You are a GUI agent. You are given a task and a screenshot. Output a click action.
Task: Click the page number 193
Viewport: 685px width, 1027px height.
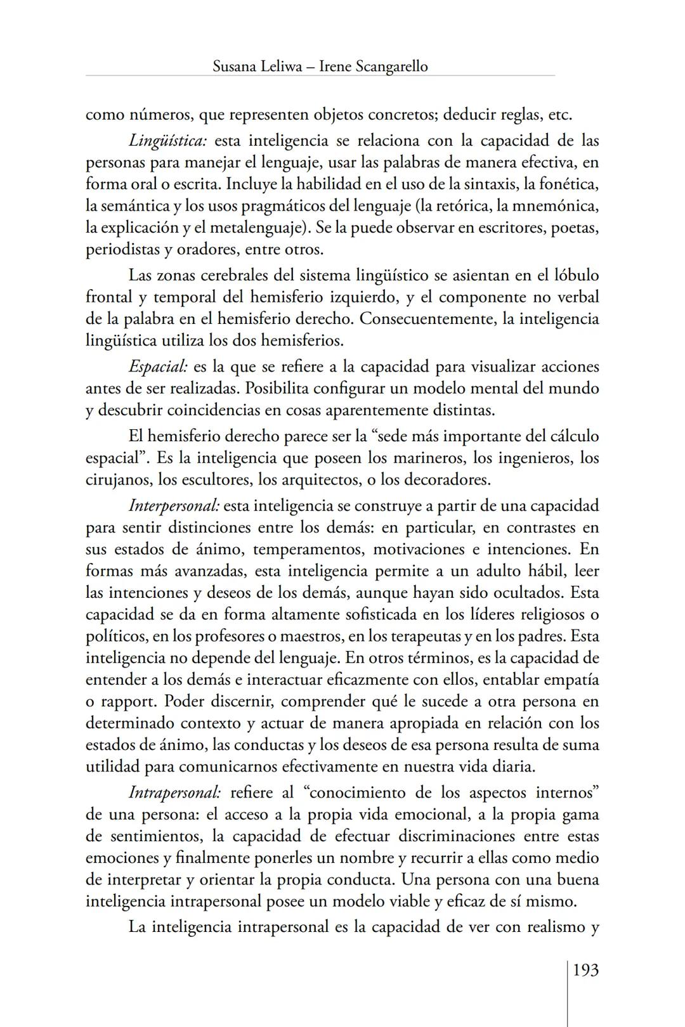[x=585, y=970]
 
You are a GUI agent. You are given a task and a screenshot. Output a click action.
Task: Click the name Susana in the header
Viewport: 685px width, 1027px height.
[x=235, y=66]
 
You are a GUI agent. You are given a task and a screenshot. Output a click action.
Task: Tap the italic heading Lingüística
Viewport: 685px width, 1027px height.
[x=168, y=140]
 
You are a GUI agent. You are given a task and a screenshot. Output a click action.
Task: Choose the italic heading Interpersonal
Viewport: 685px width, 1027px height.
[x=174, y=506]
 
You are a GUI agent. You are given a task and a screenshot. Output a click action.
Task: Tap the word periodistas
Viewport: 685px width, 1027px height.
[x=122, y=249]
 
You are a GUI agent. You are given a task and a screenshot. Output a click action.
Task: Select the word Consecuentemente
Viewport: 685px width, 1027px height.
[x=427, y=318]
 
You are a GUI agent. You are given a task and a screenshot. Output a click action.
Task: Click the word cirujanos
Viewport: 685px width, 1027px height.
[x=118, y=479]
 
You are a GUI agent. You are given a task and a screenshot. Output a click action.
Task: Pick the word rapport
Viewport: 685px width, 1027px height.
[x=129, y=702]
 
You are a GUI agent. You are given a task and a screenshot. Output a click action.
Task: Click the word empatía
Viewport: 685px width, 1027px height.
[x=570, y=680]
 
